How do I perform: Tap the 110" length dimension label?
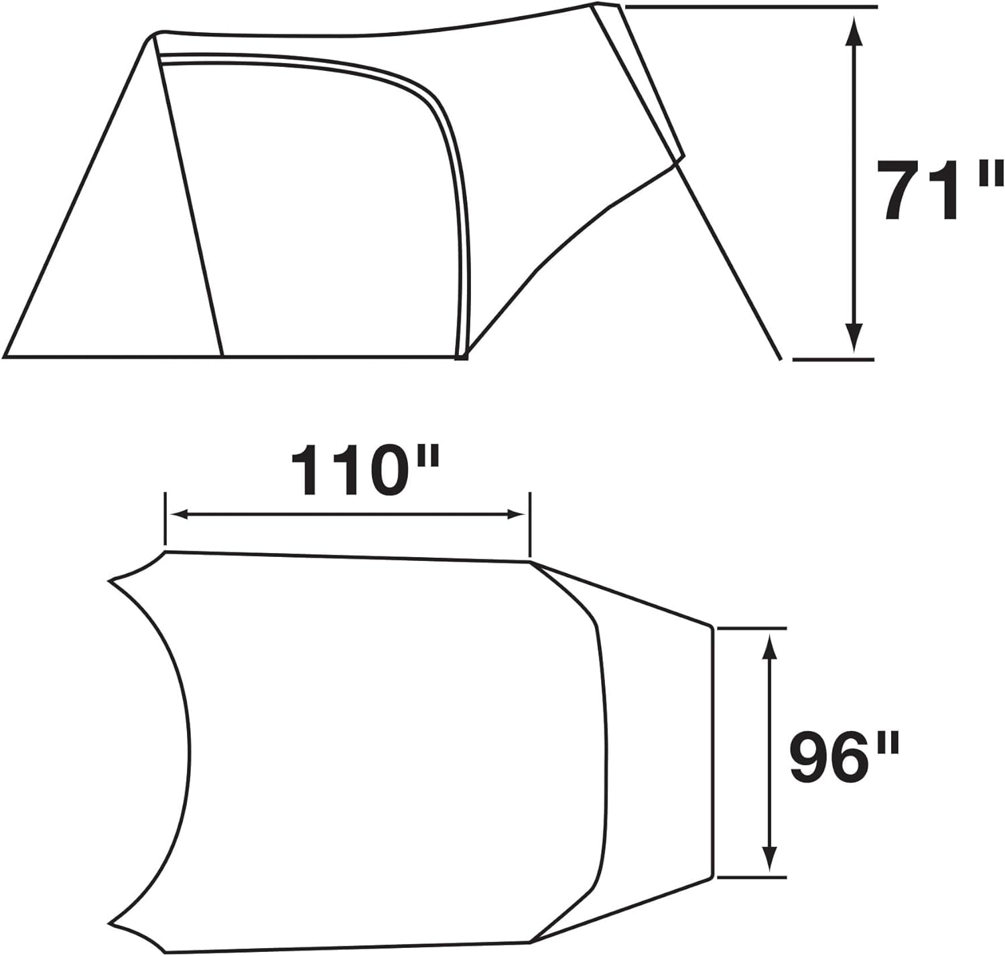[x=365, y=469]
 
